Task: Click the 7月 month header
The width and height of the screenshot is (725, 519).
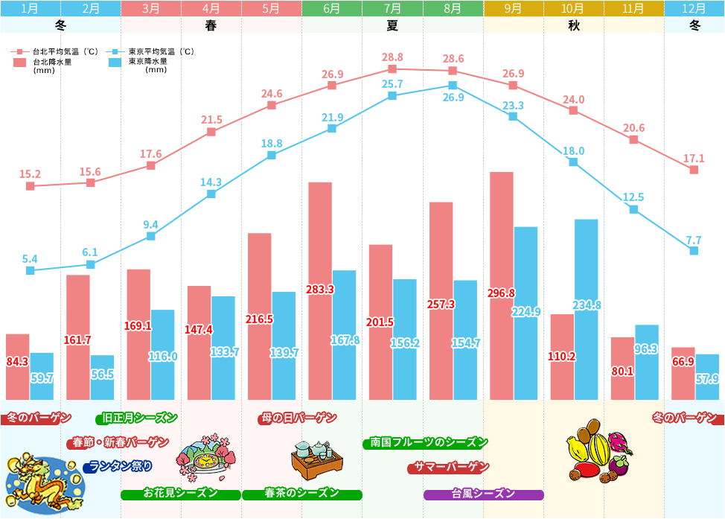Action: (392, 9)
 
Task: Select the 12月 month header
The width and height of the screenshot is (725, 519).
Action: (694, 9)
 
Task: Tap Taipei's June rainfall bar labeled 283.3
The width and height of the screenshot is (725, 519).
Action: (320, 290)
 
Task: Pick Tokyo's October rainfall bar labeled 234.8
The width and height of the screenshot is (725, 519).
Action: (586, 309)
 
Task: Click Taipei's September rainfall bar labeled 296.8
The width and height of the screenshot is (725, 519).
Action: (502, 287)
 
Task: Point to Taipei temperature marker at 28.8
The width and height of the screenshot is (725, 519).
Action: (392, 69)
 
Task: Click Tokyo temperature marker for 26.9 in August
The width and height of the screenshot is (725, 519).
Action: (453, 85)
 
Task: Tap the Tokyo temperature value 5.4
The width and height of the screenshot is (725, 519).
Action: (30, 259)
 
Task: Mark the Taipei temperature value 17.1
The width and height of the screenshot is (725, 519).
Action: (693, 159)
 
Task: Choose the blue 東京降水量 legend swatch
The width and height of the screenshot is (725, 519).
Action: (115, 63)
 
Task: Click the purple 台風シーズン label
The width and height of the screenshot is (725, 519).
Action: (484, 494)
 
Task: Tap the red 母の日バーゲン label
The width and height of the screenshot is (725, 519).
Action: (298, 418)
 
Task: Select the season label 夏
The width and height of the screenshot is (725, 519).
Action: (392, 25)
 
